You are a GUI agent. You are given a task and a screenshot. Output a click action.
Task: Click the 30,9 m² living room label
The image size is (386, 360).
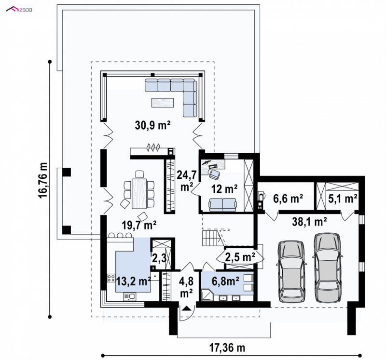tap(152, 125)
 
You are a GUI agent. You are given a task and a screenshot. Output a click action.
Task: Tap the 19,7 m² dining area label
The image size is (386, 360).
tap(139, 225)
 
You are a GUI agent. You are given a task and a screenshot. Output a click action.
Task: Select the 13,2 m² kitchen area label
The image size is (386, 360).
tap(133, 281)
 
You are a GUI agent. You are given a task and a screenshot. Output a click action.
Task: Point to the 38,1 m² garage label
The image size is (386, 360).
tap(309, 222)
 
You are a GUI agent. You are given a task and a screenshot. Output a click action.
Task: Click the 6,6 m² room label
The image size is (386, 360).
tap(288, 199)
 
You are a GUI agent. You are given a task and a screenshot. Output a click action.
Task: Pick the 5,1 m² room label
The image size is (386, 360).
tap(343, 199)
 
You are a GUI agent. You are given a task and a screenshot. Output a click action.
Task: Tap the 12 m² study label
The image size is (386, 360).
tap(224, 189)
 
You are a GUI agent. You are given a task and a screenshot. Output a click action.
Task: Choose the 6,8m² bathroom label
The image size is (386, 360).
tap(225, 281)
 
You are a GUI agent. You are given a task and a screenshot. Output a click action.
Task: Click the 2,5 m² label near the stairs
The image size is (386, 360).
tap(240, 257)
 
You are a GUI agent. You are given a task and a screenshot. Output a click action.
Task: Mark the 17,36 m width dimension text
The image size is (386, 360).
tap(227, 348)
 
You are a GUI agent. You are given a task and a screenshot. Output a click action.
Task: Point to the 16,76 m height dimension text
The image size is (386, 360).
tap(42, 180)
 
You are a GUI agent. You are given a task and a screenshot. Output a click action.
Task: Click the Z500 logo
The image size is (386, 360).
tap(19, 10)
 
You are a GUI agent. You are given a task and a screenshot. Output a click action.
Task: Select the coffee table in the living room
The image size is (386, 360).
tap(163, 103)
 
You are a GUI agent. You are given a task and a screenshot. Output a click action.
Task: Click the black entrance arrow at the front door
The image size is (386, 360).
tap(187, 308)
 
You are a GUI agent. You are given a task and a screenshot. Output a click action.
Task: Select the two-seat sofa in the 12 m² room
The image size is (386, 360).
tap(222, 205)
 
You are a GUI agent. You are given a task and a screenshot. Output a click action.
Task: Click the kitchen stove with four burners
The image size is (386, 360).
tap(111, 278)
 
